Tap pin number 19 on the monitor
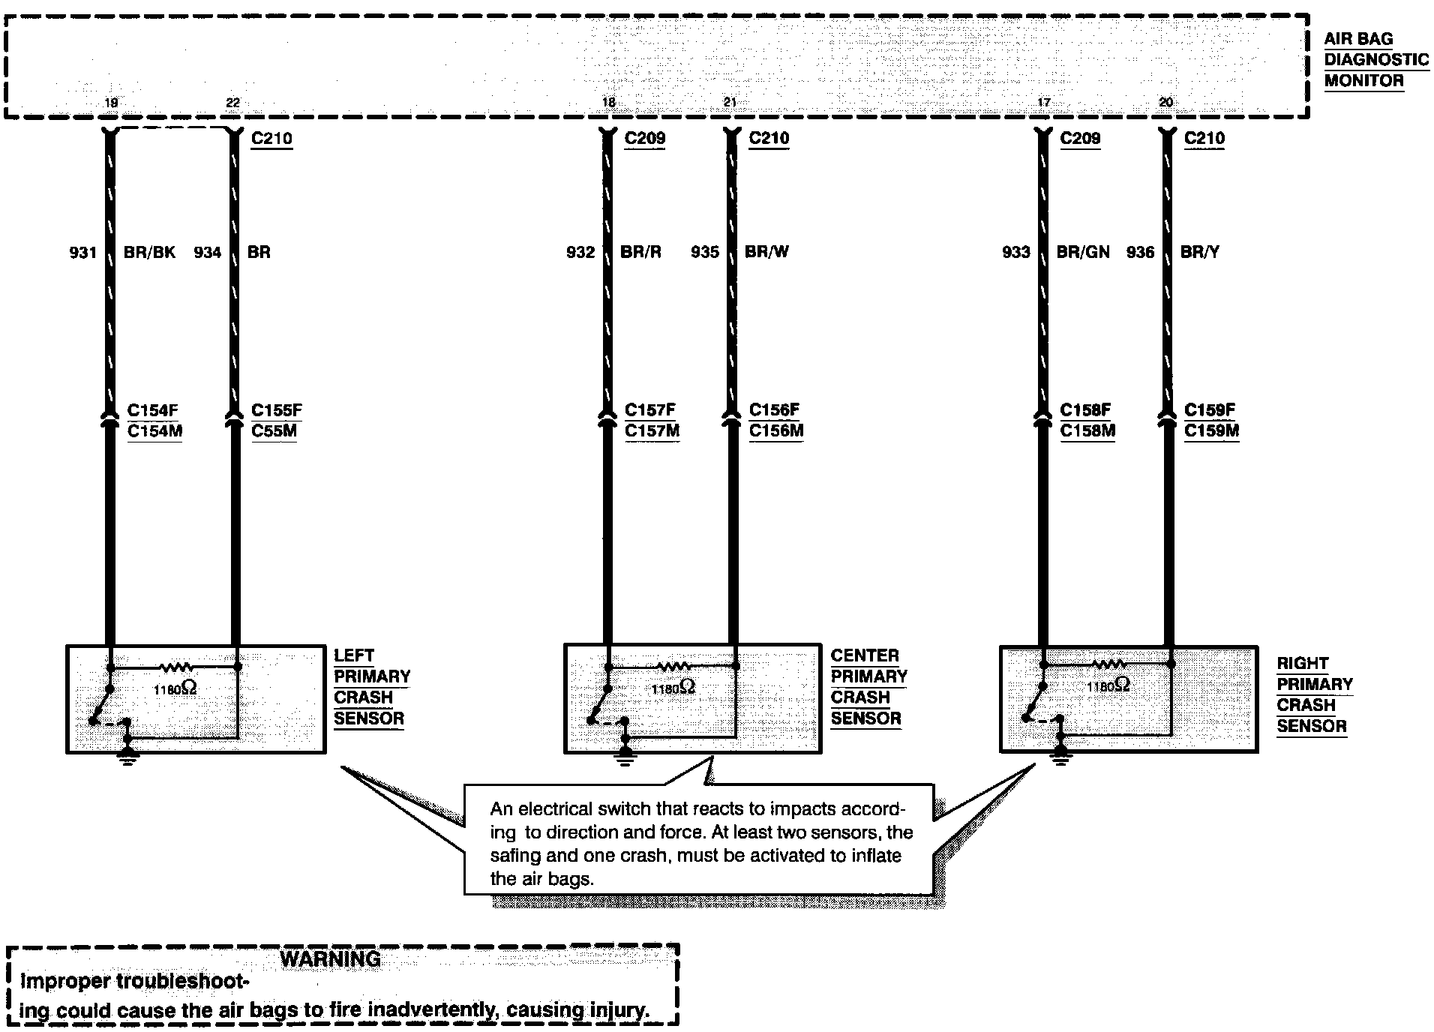(111, 103)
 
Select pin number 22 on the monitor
(233, 103)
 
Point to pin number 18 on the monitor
(609, 103)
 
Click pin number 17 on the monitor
(1043, 103)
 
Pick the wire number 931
(83, 253)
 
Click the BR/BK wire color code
(149, 253)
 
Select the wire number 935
(705, 253)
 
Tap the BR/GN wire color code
(1082, 253)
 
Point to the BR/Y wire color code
(1199, 253)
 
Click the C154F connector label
(153, 410)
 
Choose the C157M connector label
(652, 431)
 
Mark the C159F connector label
(1210, 410)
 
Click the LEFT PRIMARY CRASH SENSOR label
(372, 687)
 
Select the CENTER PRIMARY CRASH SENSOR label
(868, 687)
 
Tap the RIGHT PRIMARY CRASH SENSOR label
(1314, 694)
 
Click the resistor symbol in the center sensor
(673, 666)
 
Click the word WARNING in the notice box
(330, 959)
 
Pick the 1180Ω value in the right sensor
(1107, 685)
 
